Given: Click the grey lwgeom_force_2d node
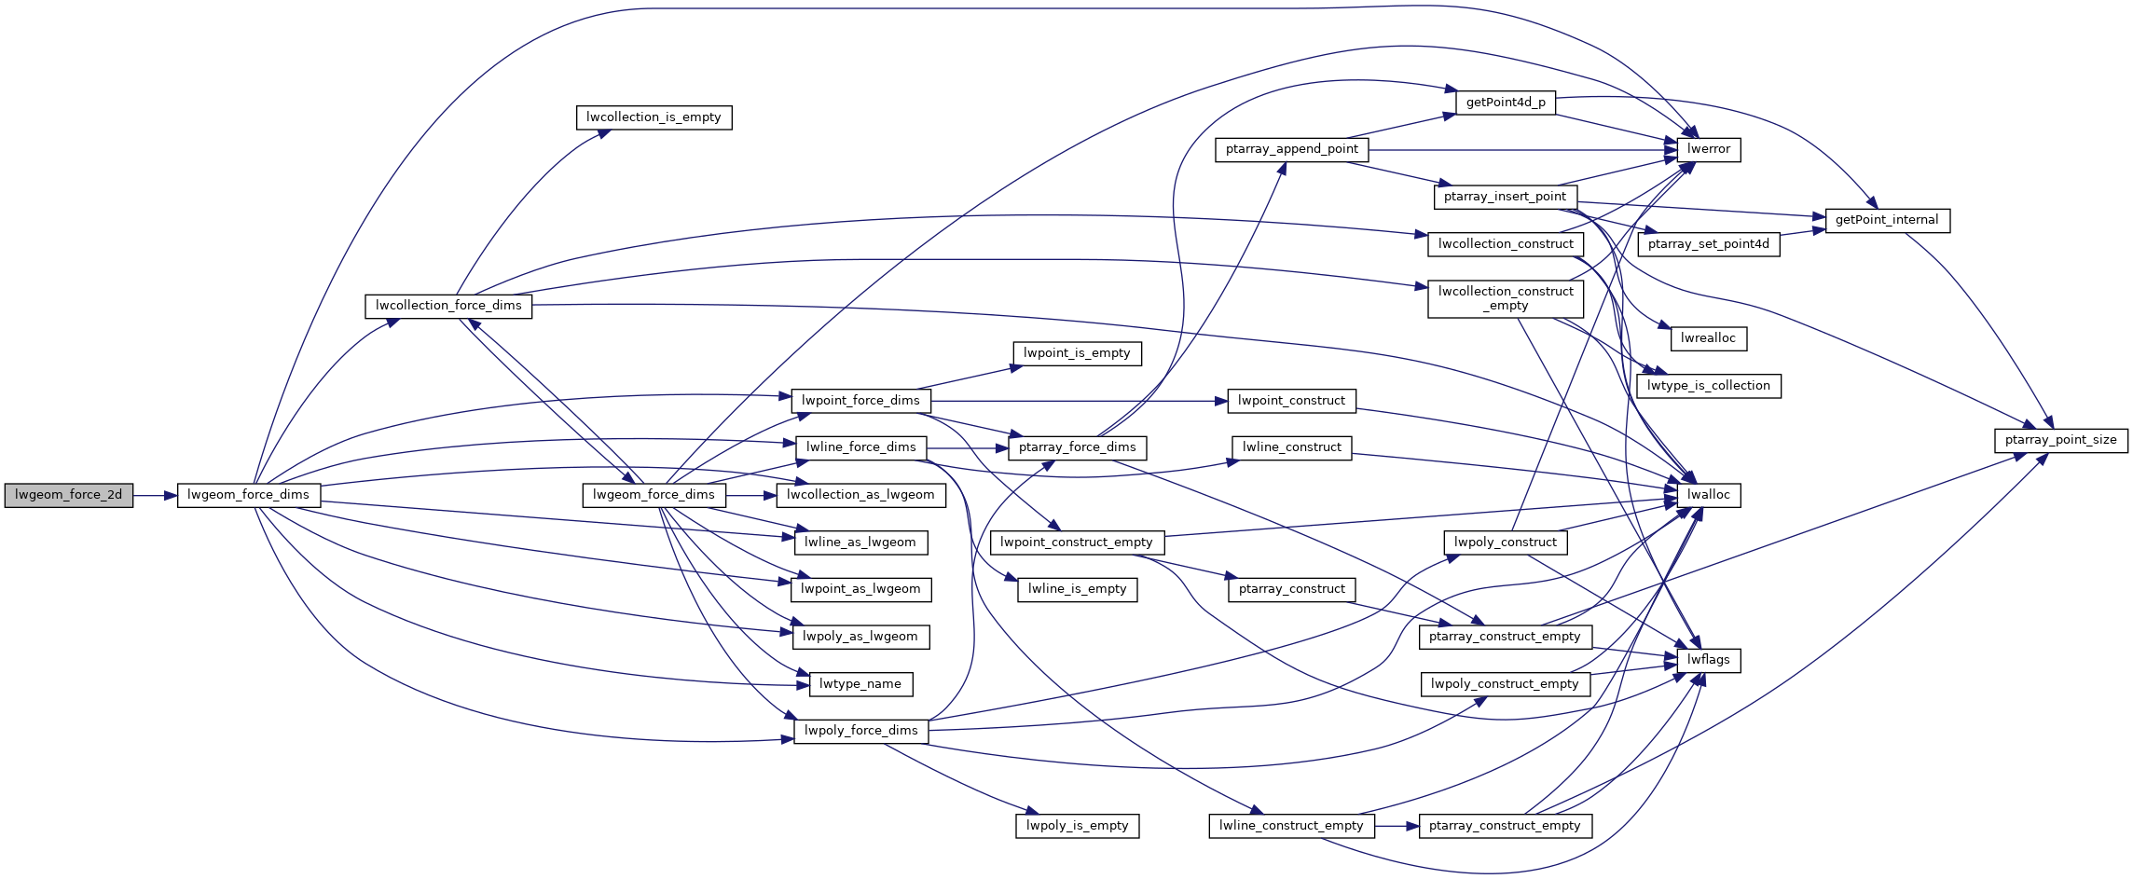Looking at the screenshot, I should pos(68,495).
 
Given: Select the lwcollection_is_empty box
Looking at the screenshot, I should pos(654,117).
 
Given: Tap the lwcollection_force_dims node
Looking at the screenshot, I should pos(448,306).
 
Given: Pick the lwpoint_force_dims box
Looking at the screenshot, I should pos(860,401).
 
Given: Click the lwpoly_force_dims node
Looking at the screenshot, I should pos(860,731).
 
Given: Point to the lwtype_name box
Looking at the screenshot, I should pos(860,684).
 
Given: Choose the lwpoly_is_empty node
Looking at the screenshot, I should pos(1077,826).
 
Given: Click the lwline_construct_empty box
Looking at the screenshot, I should pos(1291,826).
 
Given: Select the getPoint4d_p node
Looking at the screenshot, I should pos(1506,103).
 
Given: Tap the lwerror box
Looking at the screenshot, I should pos(1708,149).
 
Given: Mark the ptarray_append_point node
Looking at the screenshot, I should pos(1291,149).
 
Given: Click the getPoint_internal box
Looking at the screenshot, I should pos(1886,220).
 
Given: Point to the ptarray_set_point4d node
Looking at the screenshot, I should pos(1708,244).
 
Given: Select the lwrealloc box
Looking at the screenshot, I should pos(1708,338).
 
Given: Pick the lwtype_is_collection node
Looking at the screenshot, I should pos(1708,386).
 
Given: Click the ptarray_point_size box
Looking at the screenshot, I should pos(2060,440).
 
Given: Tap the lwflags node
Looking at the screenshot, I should pos(1708,660).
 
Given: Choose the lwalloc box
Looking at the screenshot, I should pos(1708,495).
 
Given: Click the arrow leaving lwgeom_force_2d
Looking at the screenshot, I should pos(155,495).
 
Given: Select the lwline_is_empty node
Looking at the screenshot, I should pos(1077,589).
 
